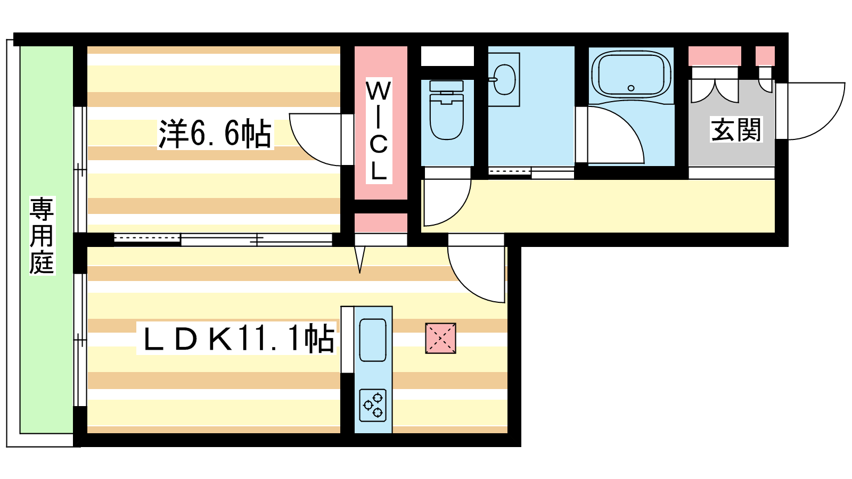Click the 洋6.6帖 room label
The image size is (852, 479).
pyautogui.click(x=215, y=134)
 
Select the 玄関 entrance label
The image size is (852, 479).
pyautogui.click(x=736, y=130)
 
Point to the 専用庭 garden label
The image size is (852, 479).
pyautogui.click(x=42, y=235)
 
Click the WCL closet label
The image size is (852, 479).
pyautogui.click(x=378, y=130)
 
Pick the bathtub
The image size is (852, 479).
pyautogui.click(x=631, y=75)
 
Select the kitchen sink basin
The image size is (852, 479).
pyautogui.click(x=373, y=340)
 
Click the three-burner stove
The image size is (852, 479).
pyautogui.click(x=373, y=405)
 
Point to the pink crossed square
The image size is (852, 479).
pyautogui.click(x=440, y=338)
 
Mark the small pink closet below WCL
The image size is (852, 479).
pyautogui.click(x=381, y=222)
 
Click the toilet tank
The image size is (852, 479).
pyautogui.click(x=446, y=86)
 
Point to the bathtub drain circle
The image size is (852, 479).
pyautogui.click(x=631, y=88)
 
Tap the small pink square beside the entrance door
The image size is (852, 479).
pyautogui.click(x=765, y=56)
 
